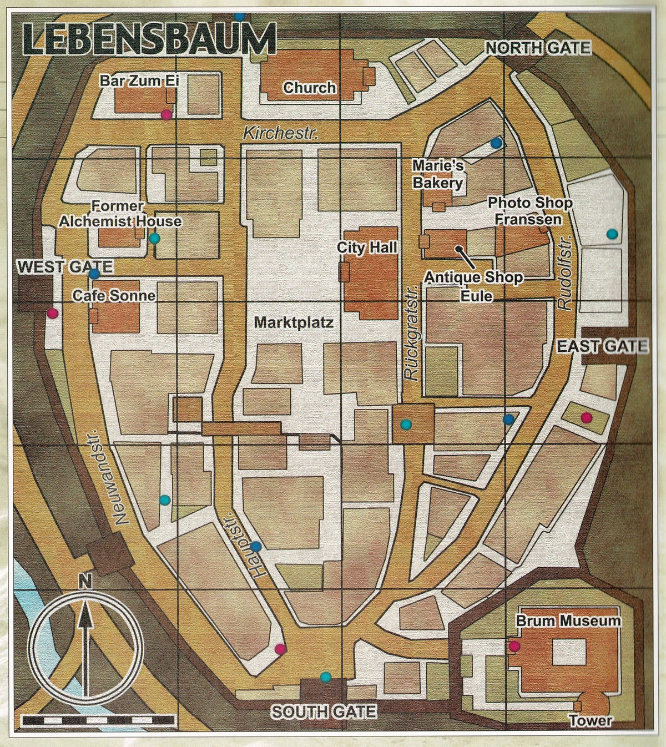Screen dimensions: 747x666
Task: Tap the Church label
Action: pos(309,88)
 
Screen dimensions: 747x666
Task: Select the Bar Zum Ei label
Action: pos(139,80)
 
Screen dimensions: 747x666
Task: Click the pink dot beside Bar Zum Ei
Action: pos(165,114)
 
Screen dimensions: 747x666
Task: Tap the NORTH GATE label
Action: pos(538,48)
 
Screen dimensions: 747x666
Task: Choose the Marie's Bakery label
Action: pos(437,174)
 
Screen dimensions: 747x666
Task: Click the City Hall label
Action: pos(367,247)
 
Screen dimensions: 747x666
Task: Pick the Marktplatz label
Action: pos(294,322)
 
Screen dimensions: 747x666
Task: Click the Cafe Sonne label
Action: pos(114,295)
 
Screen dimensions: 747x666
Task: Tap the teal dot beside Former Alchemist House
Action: pos(154,239)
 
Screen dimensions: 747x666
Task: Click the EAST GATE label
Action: pos(602,347)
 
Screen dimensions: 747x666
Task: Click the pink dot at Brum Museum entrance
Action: pos(514,645)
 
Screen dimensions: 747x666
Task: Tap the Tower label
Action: pos(591,721)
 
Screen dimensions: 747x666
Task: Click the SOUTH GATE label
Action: pos(324,711)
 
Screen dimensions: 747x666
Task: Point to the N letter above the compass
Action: pos(85,582)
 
